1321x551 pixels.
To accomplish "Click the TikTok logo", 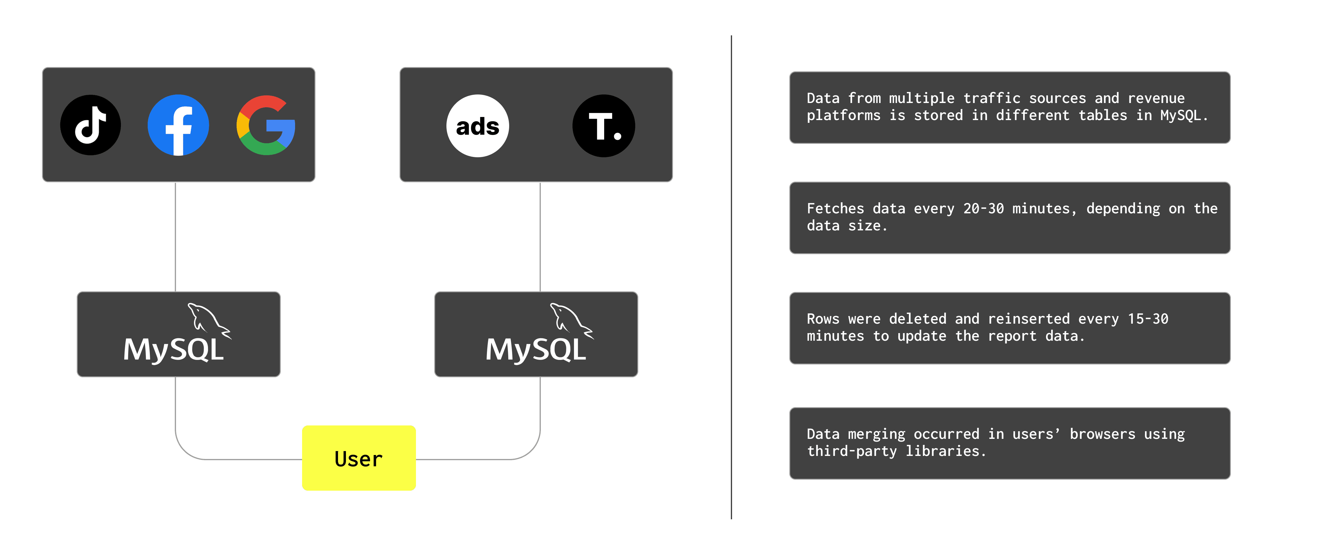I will click(x=91, y=125).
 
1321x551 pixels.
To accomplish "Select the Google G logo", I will click(x=266, y=125).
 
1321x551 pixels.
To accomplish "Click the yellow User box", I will click(x=358, y=458).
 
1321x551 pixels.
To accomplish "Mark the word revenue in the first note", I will click(x=1156, y=98).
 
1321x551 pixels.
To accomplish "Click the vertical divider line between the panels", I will click(x=731, y=277).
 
